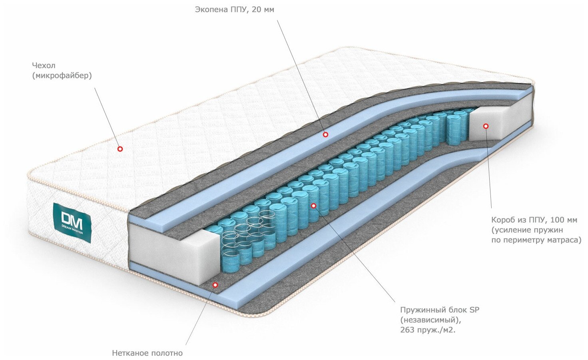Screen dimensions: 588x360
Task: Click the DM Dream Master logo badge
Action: coord(72,223)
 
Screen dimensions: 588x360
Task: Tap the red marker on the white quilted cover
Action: coord(120,149)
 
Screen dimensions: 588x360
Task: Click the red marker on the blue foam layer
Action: coord(325,135)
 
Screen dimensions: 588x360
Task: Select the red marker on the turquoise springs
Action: coord(313,206)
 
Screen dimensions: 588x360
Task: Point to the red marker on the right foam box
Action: coord(486,126)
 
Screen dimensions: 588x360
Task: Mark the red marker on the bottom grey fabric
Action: coord(215,285)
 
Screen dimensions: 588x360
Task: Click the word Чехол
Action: coord(44,65)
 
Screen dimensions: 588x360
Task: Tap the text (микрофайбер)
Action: coord(62,75)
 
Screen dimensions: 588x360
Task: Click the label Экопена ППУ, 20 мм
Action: coord(235,9)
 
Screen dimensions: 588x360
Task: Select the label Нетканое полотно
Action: coord(147,353)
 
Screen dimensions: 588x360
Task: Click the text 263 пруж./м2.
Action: coord(428,330)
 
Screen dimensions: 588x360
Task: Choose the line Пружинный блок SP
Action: coord(439,310)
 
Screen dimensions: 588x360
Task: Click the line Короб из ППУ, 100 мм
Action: coord(534,220)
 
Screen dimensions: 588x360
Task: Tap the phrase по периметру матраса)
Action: coord(536,240)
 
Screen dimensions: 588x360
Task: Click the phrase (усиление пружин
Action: coord(527,230)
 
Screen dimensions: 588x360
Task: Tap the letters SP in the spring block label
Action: coord(474,310)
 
